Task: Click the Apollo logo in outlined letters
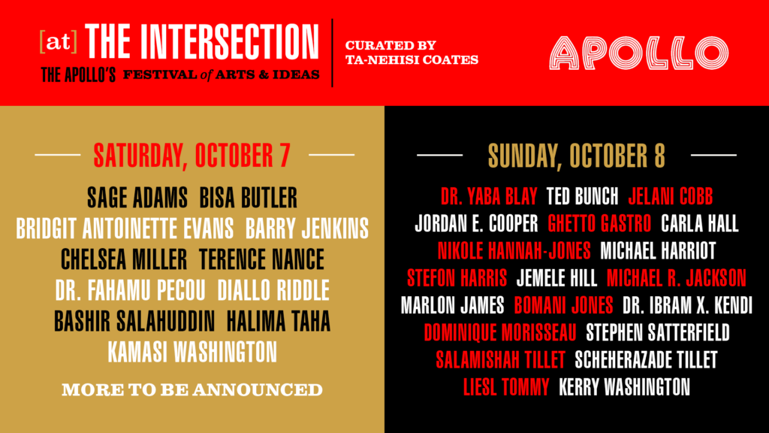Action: click(638, 53)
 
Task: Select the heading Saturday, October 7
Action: click(191, 155)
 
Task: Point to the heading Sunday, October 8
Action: click(577, 156)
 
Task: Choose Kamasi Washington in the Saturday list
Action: click(192, 351)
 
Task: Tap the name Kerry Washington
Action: click(625, 387)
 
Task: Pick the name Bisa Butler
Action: click(249, 198)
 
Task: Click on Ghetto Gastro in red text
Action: click(601, 223)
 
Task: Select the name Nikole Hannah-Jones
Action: click(514, 250)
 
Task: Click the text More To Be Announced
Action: click(192, 390)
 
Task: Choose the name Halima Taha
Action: click(279, 321)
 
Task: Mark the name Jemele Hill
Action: click(557, 278)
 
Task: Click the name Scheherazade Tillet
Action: click(646, 360)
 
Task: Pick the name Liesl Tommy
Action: click(507, 387)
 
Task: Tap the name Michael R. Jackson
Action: click(677, 278)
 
